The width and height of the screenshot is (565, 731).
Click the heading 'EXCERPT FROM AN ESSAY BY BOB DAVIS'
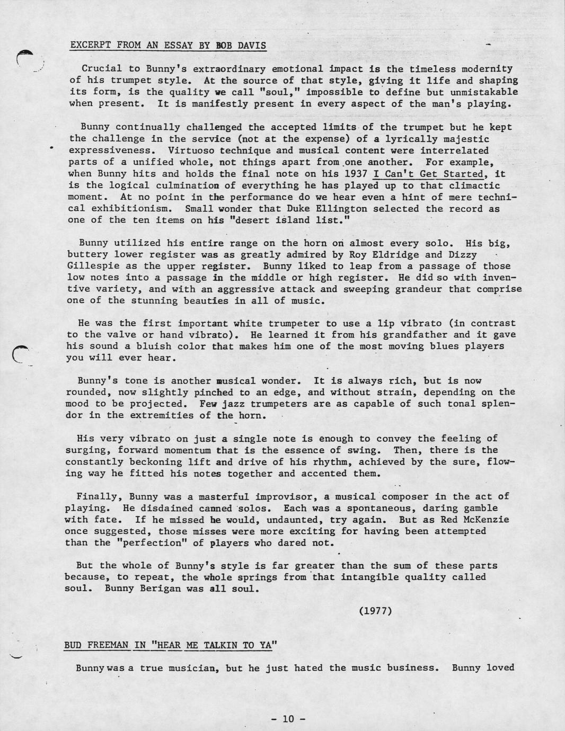tap(168, 46)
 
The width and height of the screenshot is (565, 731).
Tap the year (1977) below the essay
tap(375, 611)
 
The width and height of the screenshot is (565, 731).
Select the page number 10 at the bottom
tap(288, 719)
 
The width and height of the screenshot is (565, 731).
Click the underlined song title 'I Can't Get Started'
tap(428, 174)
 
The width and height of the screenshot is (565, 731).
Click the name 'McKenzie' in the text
tap(485, 519)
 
